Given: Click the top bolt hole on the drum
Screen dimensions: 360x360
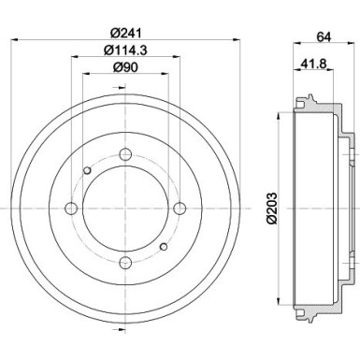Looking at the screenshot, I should pyautogui.click(x=124, y=155).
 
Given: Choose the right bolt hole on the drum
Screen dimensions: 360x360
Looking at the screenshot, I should pyautogui.click(x=178, y=209).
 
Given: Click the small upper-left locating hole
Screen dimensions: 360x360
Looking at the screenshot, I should pyautogui.click(x=87, y=170).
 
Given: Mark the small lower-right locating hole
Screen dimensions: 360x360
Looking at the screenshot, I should pyautogui.click(x=163, y=247).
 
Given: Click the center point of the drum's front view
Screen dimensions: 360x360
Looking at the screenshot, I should pyautogui.click(x=124, y=209).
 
